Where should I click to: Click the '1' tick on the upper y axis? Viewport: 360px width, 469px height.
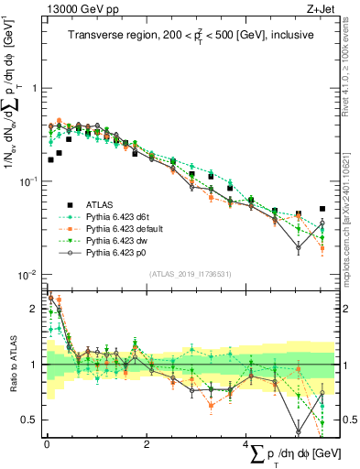34,89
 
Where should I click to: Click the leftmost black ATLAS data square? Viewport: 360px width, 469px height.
50,159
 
